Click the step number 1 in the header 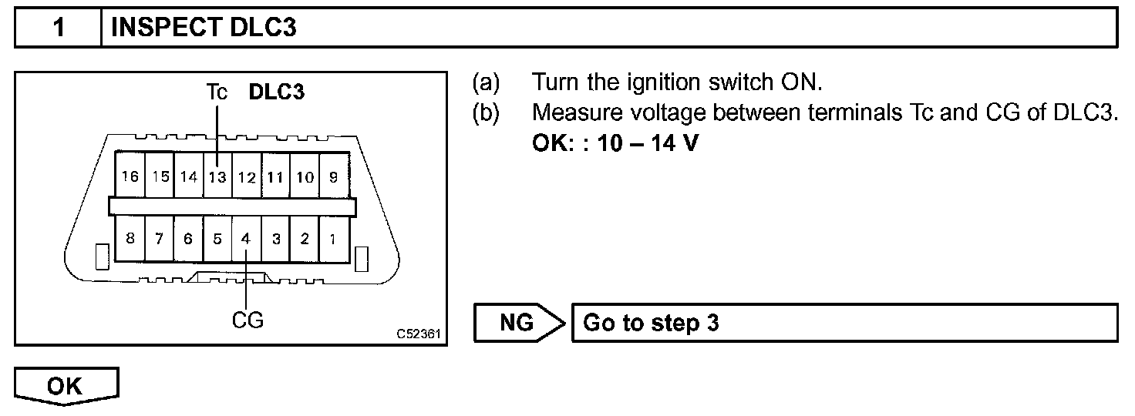pos(58,29)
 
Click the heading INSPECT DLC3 pos(204,29)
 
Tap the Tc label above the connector pos(217,92)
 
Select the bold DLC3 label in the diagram pos(276,92)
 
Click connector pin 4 pos(246,239)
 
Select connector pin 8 pos(130,239)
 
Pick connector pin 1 pos(333,239)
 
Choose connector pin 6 pos(188,239)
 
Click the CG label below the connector pos(248,320)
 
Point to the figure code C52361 pos(419,335)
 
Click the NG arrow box pos(517,323)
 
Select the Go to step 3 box pos(844,323)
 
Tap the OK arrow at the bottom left pos(66,387)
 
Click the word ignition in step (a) pos(652,82)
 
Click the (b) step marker pos(486,112)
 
